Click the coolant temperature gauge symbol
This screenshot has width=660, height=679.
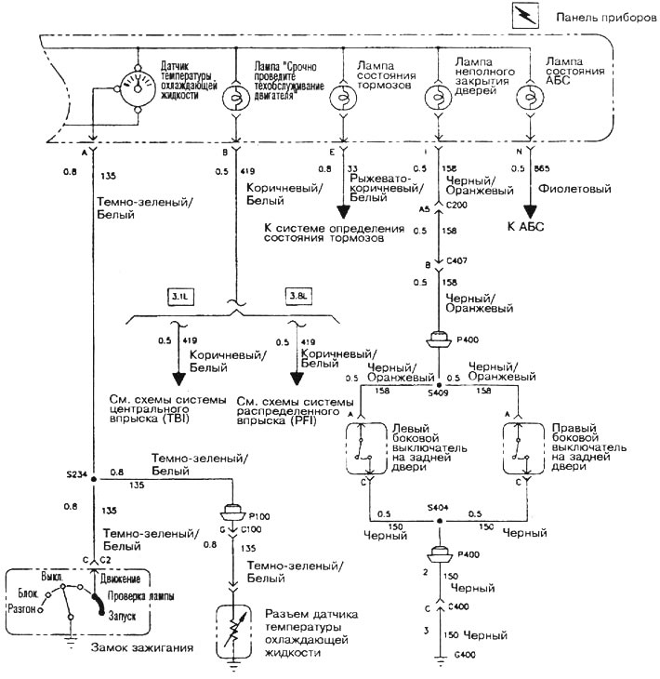[x=136, y=85]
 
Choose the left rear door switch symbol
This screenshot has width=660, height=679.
[x=370, y=452]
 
